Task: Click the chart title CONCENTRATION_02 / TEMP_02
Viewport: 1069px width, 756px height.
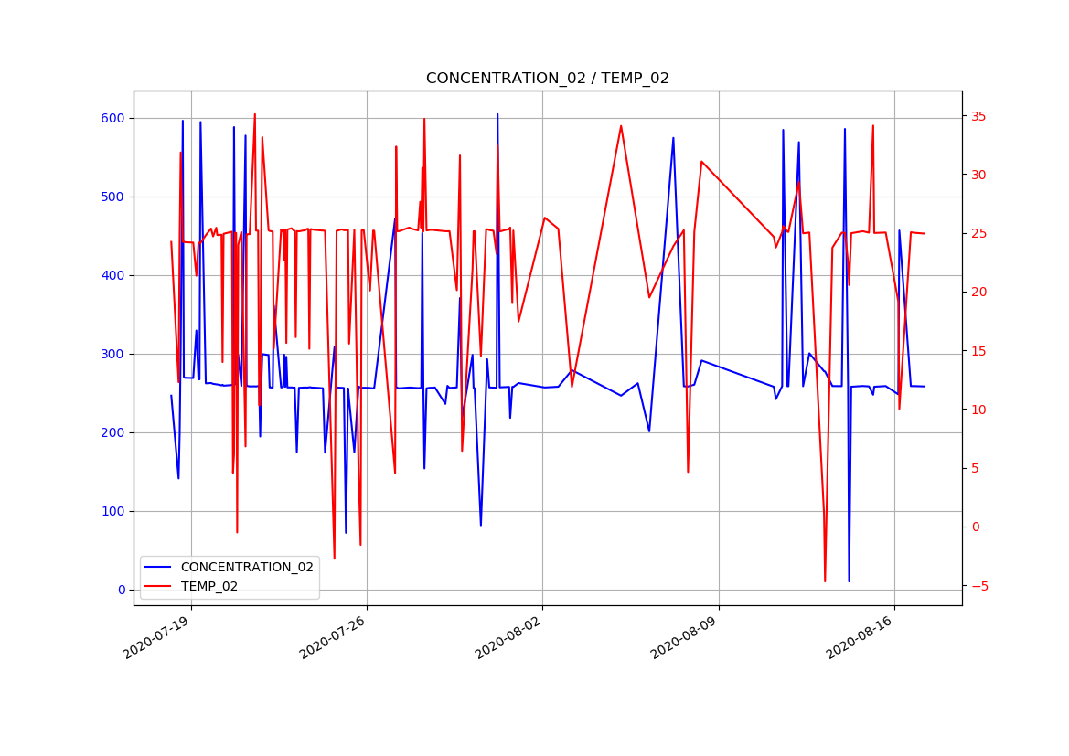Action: pos(547,79)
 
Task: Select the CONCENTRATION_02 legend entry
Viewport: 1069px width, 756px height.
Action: pos(247,567)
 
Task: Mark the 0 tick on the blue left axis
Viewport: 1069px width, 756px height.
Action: pos(121,590)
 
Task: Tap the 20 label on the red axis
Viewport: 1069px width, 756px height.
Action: pos(978,292)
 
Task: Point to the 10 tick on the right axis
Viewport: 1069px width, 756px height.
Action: pos(978,409)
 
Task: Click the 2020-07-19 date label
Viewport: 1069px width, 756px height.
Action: pos(157,636)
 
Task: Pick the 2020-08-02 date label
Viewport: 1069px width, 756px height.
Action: pos(508,636)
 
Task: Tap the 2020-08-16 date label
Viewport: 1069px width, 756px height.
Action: pos(860,636)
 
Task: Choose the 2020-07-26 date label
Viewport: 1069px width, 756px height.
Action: pos(333,636)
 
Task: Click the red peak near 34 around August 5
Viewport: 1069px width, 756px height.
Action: pos(621,126)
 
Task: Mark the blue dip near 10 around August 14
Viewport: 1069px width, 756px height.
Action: pos(849,581)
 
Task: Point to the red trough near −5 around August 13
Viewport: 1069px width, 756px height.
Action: pos(825,581)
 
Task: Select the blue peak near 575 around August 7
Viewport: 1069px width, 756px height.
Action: pos(673,138)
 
